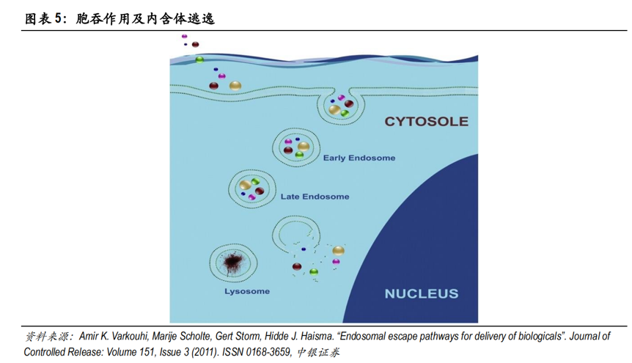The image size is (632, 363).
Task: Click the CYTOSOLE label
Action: (x=427, y=122)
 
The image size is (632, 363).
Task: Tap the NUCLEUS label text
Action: (x=422, y=293)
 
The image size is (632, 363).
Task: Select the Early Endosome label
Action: (x=359, y=158)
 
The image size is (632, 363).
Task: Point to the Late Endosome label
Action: (x=315, y=197)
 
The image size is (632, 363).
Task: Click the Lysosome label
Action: (x=247, y=291)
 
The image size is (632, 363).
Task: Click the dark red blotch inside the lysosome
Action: (x=232, y=263)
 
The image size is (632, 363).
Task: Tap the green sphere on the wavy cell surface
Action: (x=199, y=59)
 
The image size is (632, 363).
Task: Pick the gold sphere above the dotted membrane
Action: (x=235, y=86)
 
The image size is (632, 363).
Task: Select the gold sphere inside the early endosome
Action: (x=304, y=147)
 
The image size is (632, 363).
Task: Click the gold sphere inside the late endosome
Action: (x=245, y=185)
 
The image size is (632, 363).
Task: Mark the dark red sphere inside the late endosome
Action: (x=259, y=191)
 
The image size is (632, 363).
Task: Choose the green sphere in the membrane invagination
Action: (x=345, y=114)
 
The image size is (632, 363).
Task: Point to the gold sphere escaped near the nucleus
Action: (x=338, y=251)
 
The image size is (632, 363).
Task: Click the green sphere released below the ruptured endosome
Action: (x=314, y=272)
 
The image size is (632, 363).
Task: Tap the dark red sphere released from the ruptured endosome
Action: (x=297, y=267)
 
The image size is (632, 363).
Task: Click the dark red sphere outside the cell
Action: (x=196, y=44)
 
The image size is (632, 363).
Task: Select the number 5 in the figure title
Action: (x=58, y=18)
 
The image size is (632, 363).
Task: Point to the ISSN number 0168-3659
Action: (x=268, y=352)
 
